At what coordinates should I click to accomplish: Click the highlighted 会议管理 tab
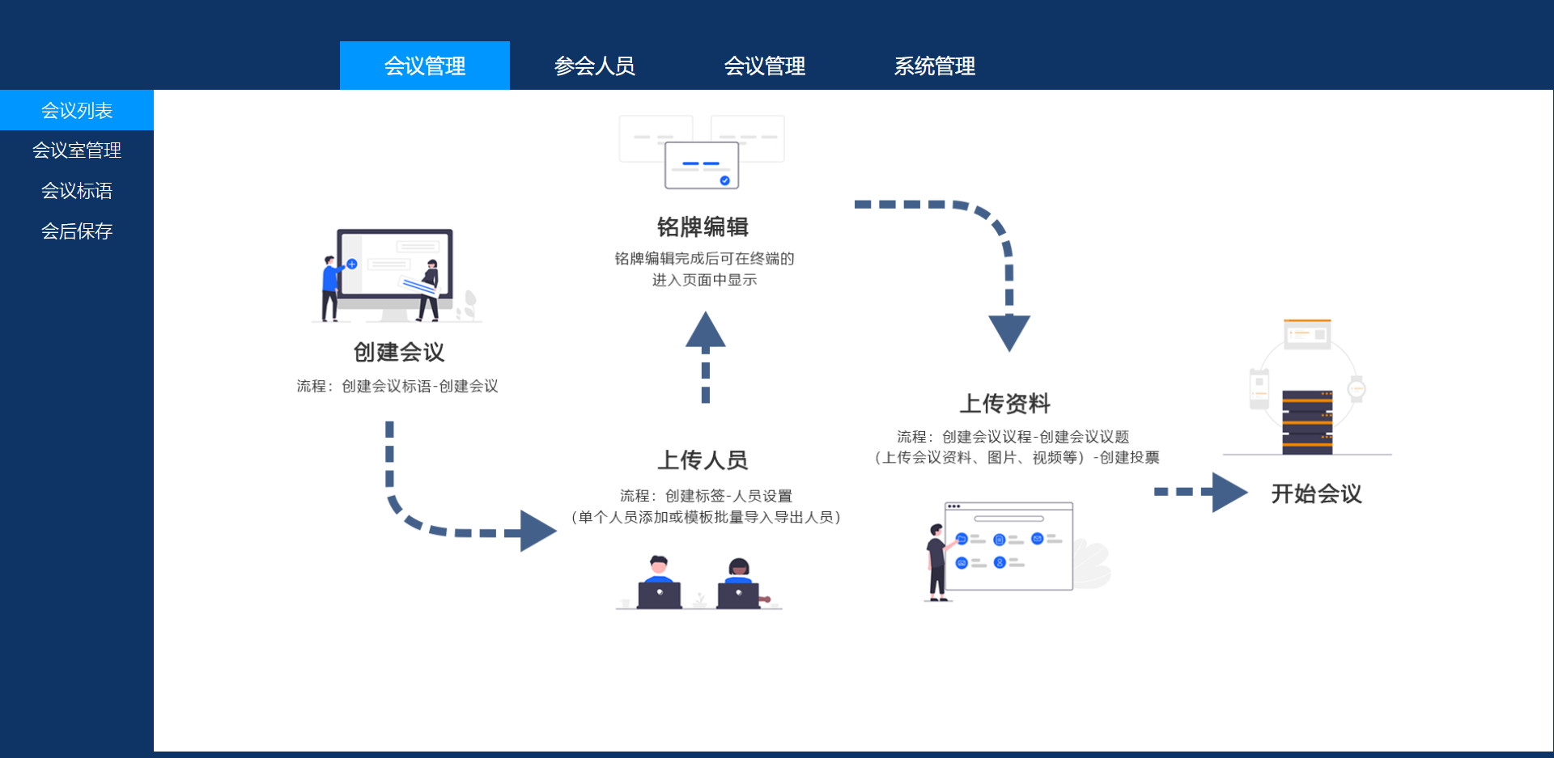click(x=425, y=66)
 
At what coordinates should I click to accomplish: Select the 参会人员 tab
click(x=595, y=66)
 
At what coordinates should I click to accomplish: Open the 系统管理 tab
click(x=935, y=66)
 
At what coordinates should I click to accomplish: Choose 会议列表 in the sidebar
click(x=77, y=110)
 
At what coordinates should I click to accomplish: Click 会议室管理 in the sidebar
click(x=77, y=150)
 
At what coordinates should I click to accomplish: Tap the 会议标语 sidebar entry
click(x=77, y=190)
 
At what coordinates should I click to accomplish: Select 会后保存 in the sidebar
click(x=77, y=231)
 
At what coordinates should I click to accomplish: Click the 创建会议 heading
click(x=399, y=352)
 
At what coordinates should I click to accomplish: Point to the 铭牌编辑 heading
click(x=703, y=227)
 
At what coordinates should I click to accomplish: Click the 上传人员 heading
click(x=703, y=459)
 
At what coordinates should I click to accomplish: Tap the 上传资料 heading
click(x=1005, y=403)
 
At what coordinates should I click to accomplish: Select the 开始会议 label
click(x=1317, y=493)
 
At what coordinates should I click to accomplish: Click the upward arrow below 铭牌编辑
click(x=706, y=357)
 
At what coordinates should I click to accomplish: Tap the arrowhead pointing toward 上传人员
click(x=538, y=531)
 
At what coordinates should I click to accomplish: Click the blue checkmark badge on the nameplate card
click(x=725, y=180)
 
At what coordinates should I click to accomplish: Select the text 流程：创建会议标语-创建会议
click(x=397, y=386)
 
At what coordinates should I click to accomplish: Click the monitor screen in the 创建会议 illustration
click(x=395, y=264)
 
